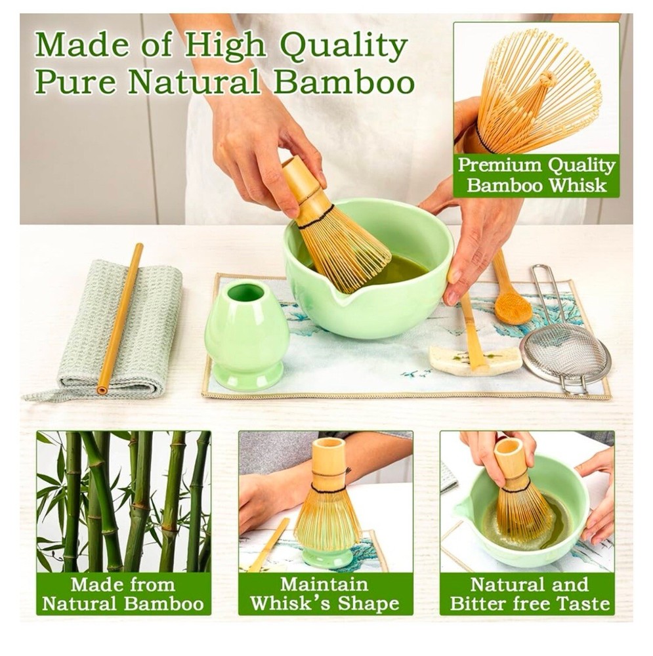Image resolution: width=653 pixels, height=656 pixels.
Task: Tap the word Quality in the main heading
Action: tap(344, 45)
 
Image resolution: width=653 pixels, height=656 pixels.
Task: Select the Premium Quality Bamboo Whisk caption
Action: tap(536, 176)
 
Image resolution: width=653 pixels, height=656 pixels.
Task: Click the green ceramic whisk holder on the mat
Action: tap(247, 335)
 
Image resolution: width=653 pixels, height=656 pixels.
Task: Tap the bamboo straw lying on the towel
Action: tap(120, 319)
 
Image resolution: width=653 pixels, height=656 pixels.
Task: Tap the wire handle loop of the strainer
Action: tap(548, 293)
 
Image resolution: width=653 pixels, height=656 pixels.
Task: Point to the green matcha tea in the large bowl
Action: tap(402, 270)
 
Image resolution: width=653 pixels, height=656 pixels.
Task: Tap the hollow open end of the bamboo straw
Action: tap(102, 390)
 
